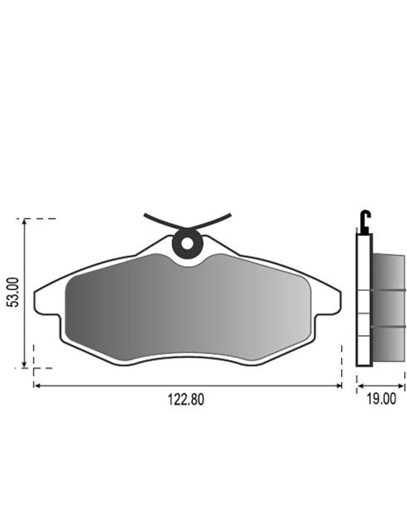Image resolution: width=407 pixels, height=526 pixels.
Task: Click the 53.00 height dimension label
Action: coord(14,292)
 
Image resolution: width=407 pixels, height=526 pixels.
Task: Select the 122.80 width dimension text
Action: coord(185,400)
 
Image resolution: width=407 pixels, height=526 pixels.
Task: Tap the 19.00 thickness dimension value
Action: coord(381,399)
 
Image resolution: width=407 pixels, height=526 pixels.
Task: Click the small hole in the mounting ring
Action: coord(187,244)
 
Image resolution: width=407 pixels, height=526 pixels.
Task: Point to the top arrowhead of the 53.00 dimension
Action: coord(23,222)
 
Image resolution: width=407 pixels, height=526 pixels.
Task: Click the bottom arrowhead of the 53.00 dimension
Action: coord(23,364)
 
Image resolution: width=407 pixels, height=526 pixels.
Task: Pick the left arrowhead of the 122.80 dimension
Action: coord(37,385)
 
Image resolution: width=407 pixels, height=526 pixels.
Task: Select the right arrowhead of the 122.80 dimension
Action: coord(338,385)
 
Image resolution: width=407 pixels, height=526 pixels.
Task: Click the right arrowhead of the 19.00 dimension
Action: coord(401,386)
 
